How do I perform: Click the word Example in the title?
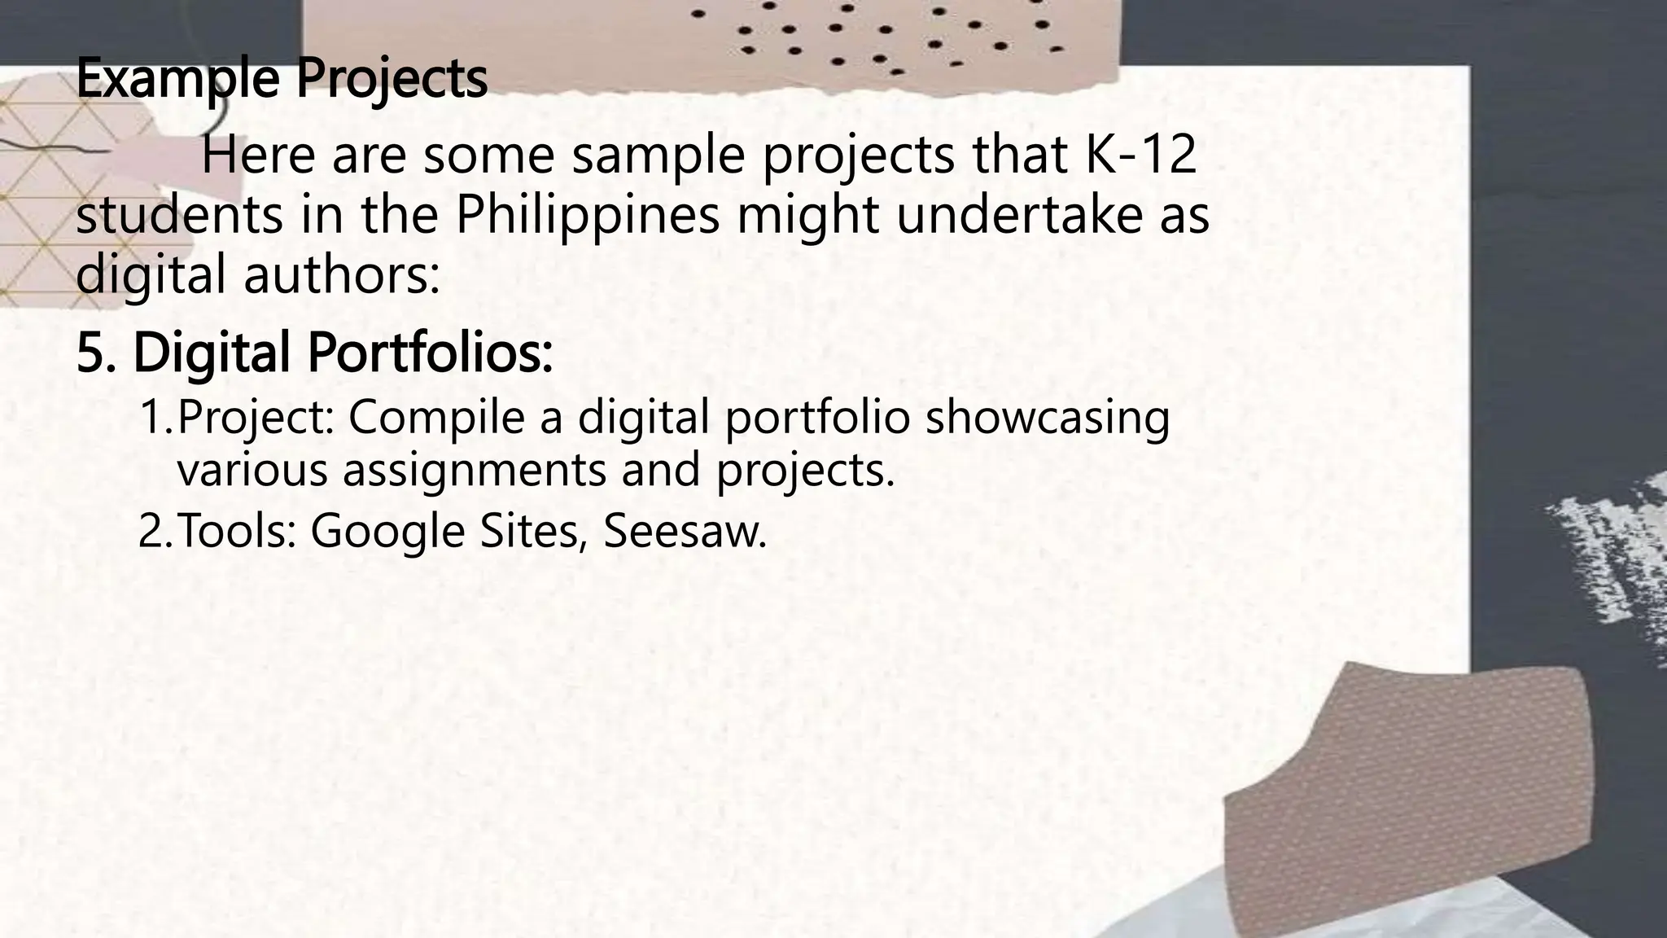[x=180, y=79]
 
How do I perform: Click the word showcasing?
[x=1048, y=417]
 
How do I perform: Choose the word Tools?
[x=237, y=531]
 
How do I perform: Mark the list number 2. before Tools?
[x=154, y=531]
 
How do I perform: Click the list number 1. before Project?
[x=155, y=417]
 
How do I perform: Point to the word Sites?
[x=534, y=531]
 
